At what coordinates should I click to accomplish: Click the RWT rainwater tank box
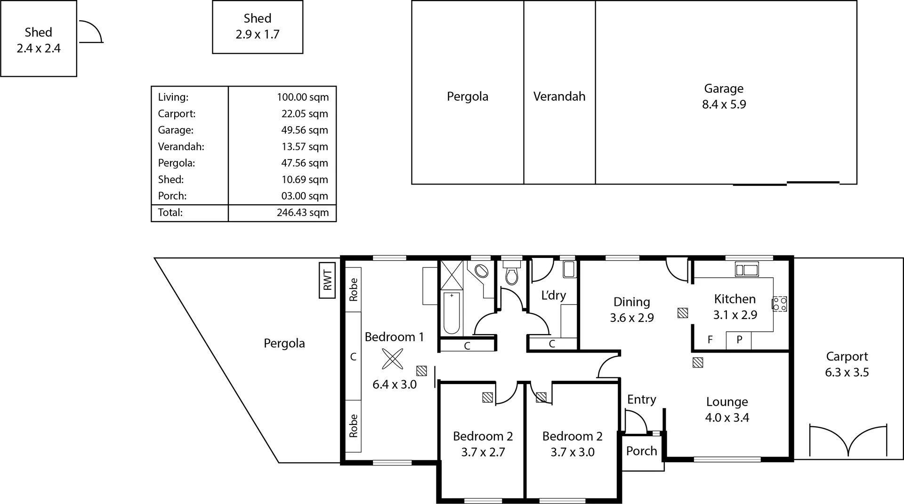point(327,280)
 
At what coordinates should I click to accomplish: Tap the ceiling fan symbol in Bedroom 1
point(392,359)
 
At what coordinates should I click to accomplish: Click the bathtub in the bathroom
point(451,313)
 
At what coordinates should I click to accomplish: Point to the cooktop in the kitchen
point(780,304)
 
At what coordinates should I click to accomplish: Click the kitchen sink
point(747,270)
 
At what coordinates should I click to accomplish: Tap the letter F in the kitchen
point(710,340)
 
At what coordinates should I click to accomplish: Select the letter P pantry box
point(739,340)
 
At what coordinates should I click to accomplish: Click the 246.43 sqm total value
point(302,212)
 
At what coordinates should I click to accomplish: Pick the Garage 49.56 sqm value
point(304,130)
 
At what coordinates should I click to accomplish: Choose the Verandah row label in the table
point(181,146)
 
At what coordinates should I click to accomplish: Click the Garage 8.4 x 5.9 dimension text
point(724,104)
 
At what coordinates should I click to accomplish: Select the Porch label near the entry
point(641,451)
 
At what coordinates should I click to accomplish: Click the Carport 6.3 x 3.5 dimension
point(847,372)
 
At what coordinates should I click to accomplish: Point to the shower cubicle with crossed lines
point(451,275)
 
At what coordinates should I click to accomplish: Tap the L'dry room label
point(553,296)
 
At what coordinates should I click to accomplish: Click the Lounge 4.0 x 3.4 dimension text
point(727,417)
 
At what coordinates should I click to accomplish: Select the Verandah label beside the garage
point(559,96)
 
